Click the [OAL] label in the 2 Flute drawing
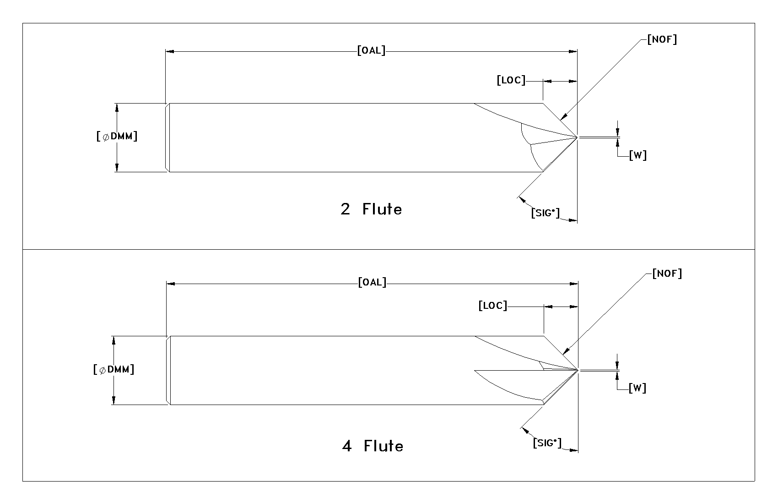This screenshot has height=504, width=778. click(x=371, y=51)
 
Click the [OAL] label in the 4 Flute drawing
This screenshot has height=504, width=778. click(x=372, y=282)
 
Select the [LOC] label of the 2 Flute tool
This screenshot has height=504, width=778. click(x=511, y=80)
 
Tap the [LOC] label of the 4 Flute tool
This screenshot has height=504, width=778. click(x=492, y=306)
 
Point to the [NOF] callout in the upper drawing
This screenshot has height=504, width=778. click(x=662, y=39)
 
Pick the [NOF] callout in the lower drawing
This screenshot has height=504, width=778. click(x=667, y=274)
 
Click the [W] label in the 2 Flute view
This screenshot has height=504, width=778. click(x=638, y=155)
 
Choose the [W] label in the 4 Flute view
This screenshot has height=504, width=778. click(x=638, y=388)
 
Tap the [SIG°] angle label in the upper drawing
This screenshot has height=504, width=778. click(x=546, y=213)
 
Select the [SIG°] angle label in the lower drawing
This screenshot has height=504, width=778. click(x=547, y=443)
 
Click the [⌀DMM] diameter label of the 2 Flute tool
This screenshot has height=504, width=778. click(x=117, y=136)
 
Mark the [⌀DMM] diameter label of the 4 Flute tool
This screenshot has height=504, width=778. click(x=113, y=369)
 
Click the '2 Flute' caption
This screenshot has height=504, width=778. click(x=371, y=209)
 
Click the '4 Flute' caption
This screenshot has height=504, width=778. click(x=373, y=446)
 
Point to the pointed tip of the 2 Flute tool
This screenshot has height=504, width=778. click(x=577, y=137)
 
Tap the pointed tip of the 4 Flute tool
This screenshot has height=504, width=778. click(x=578, y=370)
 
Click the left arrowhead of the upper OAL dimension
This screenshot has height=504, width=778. click(x=170, y=51)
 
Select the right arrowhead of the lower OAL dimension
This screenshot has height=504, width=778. click(x=574, y=284)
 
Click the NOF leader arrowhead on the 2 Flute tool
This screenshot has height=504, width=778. click(x=563, y=117)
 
